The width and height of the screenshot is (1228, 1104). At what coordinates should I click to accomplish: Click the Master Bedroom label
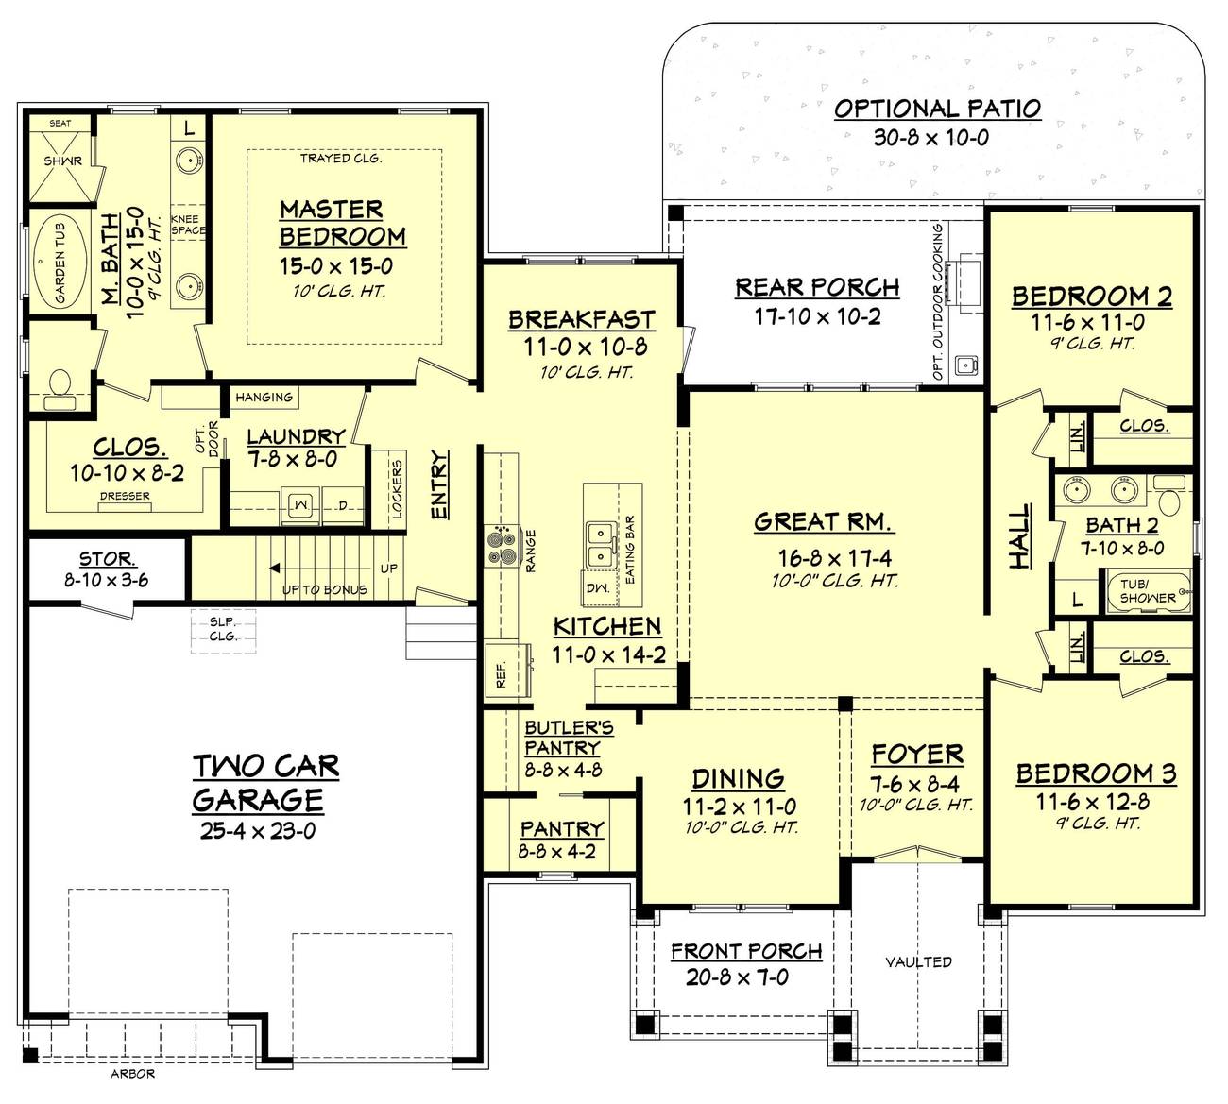tap(342, 223)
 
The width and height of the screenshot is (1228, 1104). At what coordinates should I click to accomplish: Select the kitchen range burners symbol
tap(500, 545)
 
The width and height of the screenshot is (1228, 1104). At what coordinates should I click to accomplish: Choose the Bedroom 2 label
tap(1091, 297)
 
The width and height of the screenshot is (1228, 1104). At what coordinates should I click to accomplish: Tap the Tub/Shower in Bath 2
tap(1148, 591)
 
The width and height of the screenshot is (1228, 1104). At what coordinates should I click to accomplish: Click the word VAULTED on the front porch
tap(918, 961)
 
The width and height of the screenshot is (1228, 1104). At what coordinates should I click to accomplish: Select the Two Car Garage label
tap(265, 783)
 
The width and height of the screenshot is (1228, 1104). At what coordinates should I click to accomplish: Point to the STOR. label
tap(107, 559)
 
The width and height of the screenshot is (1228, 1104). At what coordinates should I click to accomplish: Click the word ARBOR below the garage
tap(132, 1074)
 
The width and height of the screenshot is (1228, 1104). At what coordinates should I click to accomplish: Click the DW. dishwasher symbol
tap(597, 587)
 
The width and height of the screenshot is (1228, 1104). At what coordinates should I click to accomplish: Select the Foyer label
tap(916, 755)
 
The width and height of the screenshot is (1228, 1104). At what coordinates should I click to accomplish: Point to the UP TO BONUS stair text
tap(324, 590)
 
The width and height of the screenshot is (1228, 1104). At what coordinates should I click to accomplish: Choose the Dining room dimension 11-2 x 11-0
tap(739, 807)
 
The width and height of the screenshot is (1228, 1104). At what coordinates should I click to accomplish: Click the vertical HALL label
tap(1019, 536)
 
